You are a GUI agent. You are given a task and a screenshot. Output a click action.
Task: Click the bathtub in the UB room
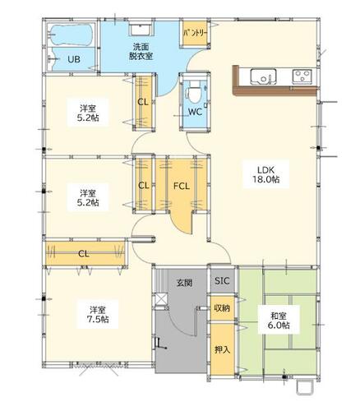click(x=72, y=35)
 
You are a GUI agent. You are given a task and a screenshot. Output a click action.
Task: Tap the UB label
click(x=74, y=59)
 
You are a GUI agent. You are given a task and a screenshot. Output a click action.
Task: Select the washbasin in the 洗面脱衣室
click(x=141, y=30)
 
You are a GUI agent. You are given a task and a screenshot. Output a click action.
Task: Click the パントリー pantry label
click(x=195, y=33)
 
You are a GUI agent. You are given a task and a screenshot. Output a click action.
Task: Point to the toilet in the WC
click(x=194, y=90)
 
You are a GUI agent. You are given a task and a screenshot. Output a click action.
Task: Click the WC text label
click(x=195, y=112)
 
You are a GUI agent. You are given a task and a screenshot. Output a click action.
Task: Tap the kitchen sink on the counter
click(x=263, y=76)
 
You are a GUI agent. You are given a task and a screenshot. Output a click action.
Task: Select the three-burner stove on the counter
click(x=302, y=76)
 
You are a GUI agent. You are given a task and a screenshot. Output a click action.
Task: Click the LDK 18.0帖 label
click(x=265, y=174)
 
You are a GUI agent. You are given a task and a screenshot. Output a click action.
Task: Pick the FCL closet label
click(x=182, y=187)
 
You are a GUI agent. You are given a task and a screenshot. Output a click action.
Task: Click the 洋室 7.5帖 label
click(x=98, y=314)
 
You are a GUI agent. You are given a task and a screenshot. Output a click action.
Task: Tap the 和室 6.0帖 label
click(x=279, y=321)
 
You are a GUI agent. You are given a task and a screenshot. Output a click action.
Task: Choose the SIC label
click(x=222, y=280)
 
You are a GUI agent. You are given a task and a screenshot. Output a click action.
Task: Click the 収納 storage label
click(x=222, y=308)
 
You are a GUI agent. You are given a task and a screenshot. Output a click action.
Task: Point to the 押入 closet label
click(x=222, y=349)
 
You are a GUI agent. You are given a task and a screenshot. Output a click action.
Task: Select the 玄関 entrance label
click(x=184, y=283)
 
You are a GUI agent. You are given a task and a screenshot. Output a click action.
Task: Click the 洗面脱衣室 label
click(x=141, y=51)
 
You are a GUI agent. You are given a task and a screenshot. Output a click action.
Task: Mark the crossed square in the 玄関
click(x=161, y=299)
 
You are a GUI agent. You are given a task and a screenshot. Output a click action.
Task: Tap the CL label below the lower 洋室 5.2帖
click(x=84, y=254)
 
